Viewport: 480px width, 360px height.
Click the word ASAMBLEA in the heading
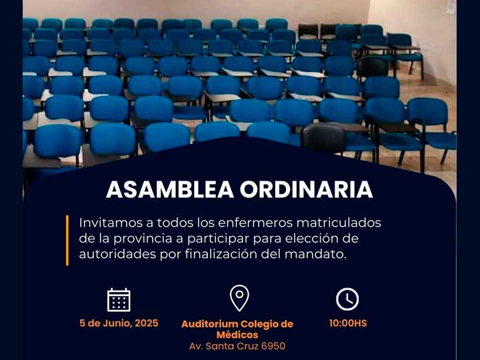[170, 190]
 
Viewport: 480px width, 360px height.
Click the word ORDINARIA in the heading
[307, 190]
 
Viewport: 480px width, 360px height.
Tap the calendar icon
[119, 300]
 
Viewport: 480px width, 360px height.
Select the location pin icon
[239, 298]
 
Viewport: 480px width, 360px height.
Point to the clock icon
[347, 299]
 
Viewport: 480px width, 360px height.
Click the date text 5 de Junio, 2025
[119, 323]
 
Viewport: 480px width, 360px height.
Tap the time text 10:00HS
[348, 323]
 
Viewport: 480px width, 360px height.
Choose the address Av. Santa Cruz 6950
[237, 346]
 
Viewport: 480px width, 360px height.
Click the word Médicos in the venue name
[237, 335]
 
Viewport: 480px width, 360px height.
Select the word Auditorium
[210, 323]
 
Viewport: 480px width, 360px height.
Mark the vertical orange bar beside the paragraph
[67, 240]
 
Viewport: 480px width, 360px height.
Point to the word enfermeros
[255, 223]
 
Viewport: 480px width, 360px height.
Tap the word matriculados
[339, 223]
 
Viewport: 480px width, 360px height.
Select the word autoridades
[117, 254]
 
